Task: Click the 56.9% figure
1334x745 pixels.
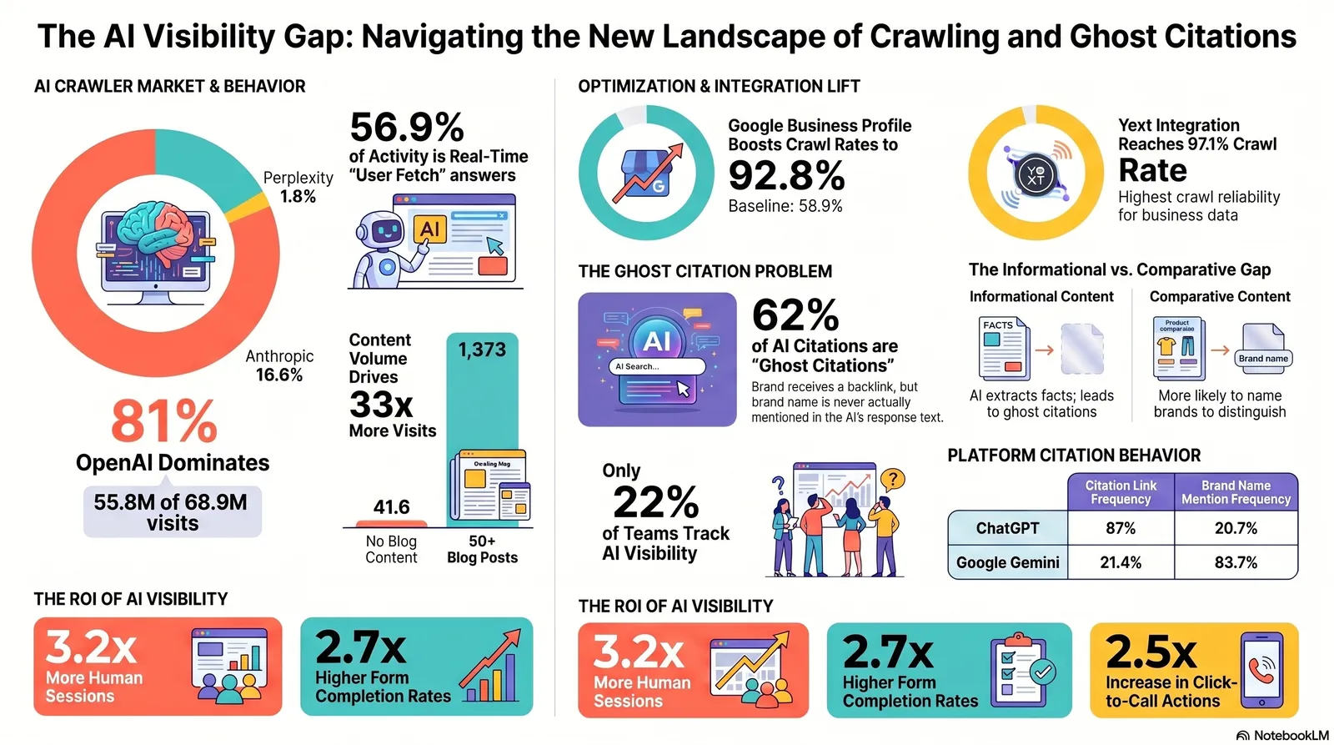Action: click(x=407, y=128)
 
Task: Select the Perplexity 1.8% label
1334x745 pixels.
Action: click(x=298, y=187)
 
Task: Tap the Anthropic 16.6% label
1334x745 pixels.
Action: click(x=279, y=365)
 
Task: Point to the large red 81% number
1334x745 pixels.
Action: click(x=164, y=421)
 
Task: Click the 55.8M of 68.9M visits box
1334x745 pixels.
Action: click(x=173, y=512)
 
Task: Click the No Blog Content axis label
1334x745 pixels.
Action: click(x=391, y=549)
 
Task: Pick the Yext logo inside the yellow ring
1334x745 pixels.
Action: click(x=1036, y=174)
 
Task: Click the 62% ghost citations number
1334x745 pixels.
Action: click(x=795, y=315)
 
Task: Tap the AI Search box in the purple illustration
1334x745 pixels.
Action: click(x=657, y=366)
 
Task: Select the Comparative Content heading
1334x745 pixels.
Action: click(x=1219, y=296)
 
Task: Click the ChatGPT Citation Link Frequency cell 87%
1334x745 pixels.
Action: click(x=1121, y=528)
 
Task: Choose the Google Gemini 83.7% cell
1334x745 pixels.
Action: click(x=1236, y=562)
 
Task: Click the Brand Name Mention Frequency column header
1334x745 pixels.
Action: click(x=1236, y=492)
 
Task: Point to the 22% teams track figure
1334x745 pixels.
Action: click(x=655, y=502)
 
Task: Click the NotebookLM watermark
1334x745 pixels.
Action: click(x=1283, y=735)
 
